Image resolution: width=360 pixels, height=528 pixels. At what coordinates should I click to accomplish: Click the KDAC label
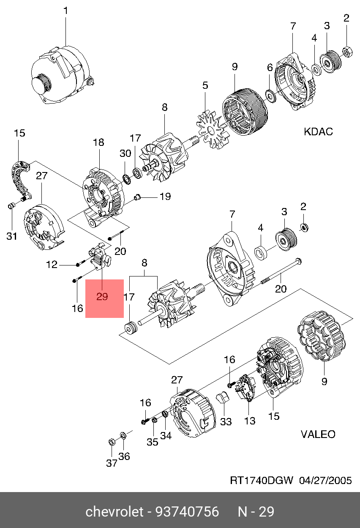pos(318,131)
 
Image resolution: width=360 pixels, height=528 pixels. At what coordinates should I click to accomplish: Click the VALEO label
pos(318,434)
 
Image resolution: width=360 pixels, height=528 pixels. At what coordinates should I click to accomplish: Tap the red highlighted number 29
pos(102,296)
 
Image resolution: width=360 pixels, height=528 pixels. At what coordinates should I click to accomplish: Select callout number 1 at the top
pos(66,11)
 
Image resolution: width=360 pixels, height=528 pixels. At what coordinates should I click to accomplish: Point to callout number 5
pos(205,85)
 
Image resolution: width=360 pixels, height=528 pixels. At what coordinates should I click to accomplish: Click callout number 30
pos(125,153)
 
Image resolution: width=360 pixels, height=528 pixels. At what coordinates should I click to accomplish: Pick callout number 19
pos(165,196)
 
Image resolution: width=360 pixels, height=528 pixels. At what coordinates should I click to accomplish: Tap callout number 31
pos(12,236)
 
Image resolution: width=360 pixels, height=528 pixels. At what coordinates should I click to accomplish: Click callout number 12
pos(52,265)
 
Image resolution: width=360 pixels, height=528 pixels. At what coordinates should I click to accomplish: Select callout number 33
pos(226,421)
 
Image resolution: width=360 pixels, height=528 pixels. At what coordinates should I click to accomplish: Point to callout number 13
pos(250,421)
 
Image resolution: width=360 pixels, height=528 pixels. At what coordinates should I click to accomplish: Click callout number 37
pos(112,463)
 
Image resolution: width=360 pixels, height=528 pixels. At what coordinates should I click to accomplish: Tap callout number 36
pos(124,456)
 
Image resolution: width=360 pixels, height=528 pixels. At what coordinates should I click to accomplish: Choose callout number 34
pos(166,435)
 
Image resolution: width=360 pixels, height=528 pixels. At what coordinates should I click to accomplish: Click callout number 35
pos(152,442)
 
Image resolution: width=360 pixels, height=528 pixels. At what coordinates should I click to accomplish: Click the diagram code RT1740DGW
pos(262,480)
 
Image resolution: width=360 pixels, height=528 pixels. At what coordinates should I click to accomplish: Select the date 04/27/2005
pos(326,480)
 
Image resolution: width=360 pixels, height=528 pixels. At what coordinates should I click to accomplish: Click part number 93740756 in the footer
pos(188,512)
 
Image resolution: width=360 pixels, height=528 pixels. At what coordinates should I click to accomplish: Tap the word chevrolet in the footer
pos(115,512)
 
